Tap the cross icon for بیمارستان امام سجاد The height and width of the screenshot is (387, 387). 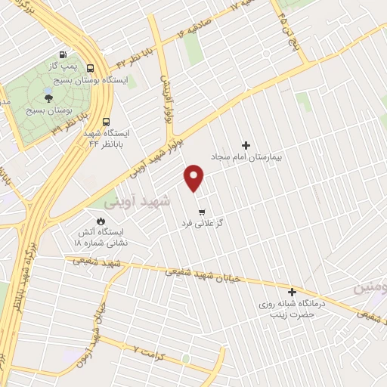point(245,144)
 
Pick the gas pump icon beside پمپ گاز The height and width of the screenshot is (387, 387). point(62,54)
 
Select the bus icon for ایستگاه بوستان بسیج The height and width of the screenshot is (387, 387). point(90,68)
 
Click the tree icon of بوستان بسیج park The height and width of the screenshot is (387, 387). point(49,98)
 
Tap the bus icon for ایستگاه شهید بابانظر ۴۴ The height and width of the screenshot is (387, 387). point(105,121)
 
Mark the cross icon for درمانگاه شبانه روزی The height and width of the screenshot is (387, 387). point(292,291)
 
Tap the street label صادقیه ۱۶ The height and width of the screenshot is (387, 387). point(200,26)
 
